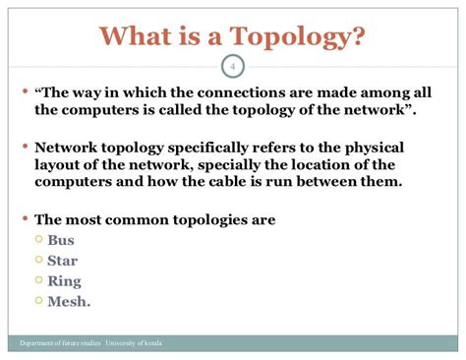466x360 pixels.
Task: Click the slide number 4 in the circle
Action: (233, 67)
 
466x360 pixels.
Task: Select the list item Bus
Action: (62, 239)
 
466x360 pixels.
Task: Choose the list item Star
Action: (64, 260)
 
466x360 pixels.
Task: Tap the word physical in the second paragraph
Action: (401, 149)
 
